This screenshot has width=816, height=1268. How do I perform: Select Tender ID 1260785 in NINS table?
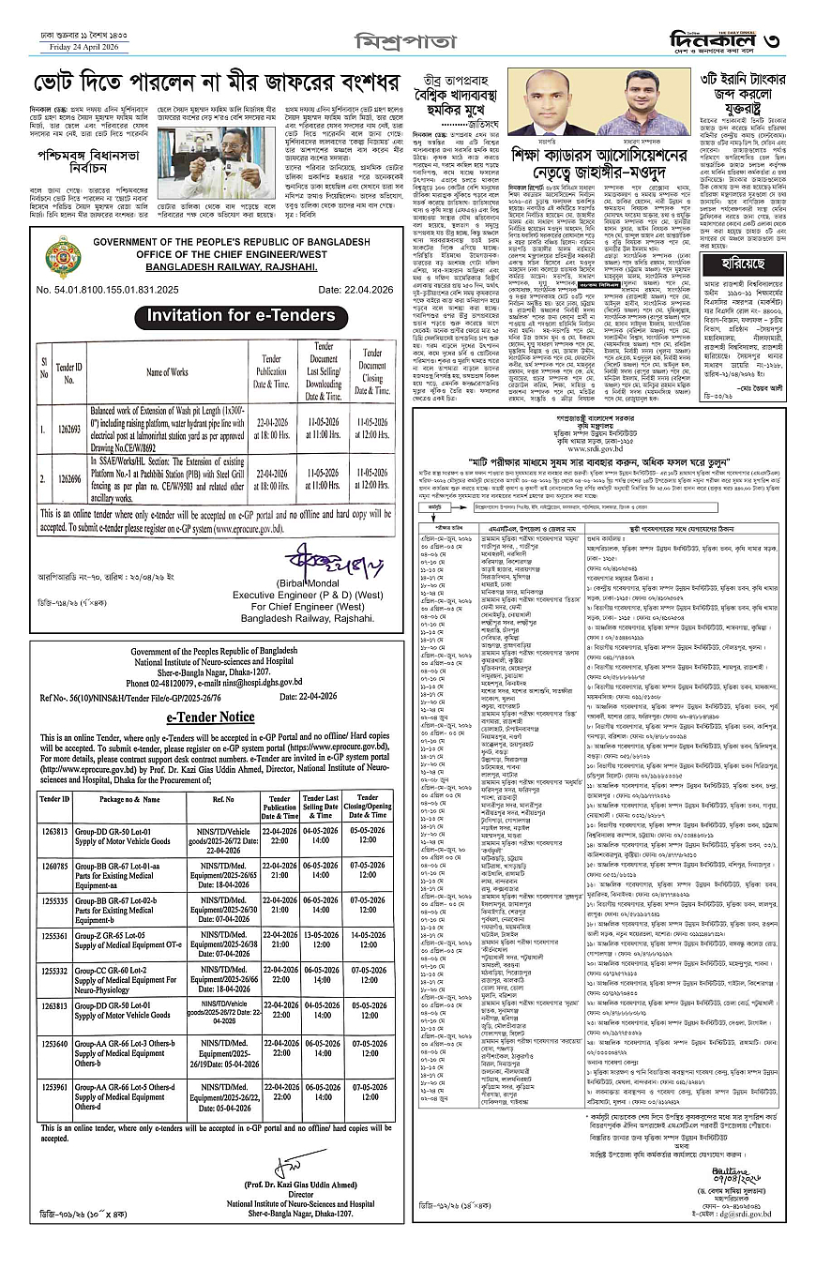coord(54,866)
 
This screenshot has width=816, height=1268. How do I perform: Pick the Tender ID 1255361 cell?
coord(54,935)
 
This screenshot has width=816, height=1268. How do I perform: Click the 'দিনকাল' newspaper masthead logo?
coord(718,39)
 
